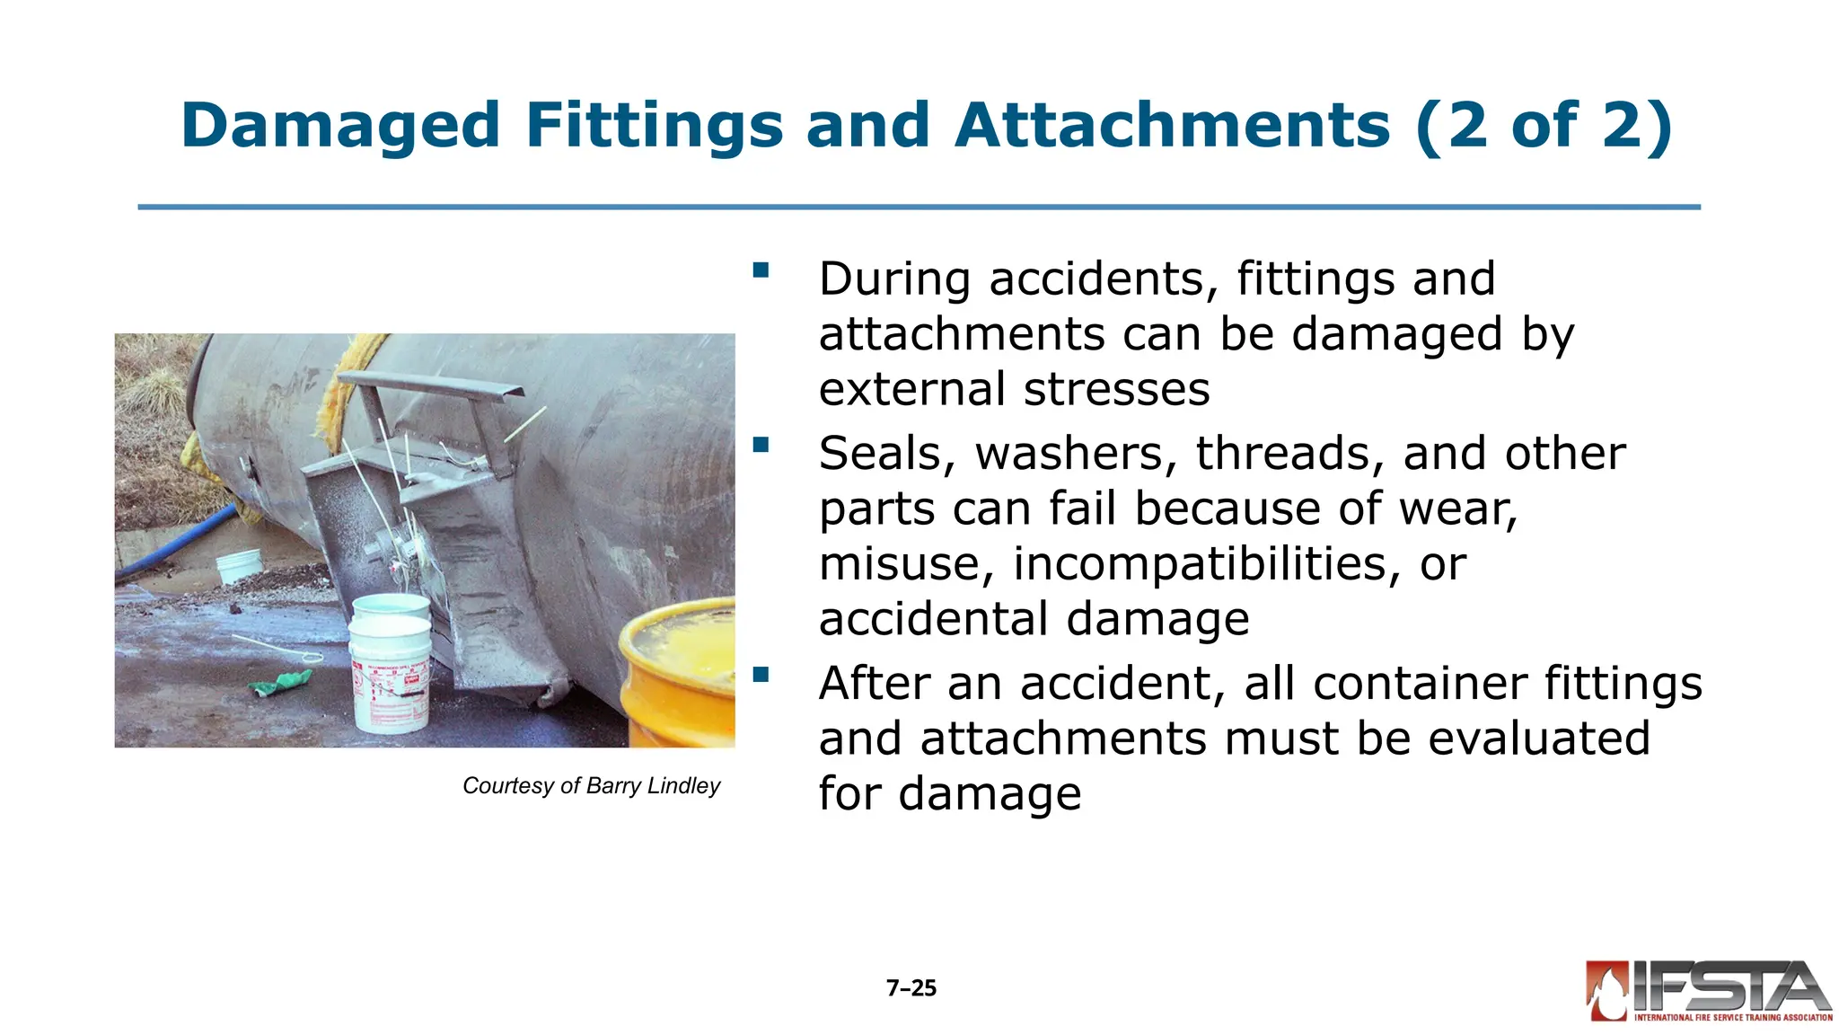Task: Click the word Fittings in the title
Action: pos(654,125)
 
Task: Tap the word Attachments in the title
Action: pos(1171,125)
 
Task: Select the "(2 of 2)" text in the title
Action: pos(1544,125)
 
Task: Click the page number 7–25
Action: pos(911,988)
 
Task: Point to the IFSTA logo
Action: pos(1708,991)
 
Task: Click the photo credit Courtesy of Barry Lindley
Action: pos(591,786)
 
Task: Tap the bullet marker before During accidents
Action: pos(761,270)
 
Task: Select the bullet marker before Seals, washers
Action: pos(761,445)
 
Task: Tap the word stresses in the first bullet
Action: pos(1116,390)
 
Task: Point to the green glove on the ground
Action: pos(280,683)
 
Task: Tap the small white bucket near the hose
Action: pos(240,566)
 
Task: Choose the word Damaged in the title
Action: pos(340,125)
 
